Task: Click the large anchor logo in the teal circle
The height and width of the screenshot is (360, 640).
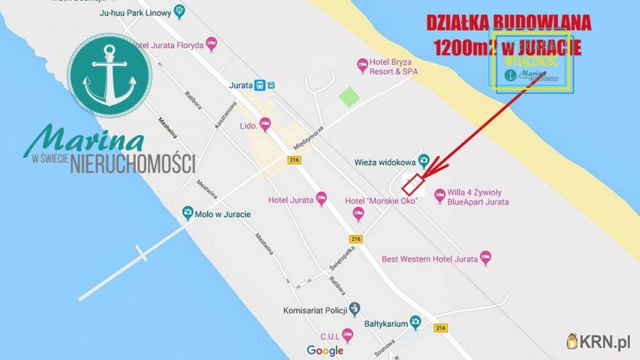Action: [110, 76]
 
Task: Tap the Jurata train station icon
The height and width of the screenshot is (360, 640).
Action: [259, 85]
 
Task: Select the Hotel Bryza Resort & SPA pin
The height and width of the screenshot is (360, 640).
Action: [362, 65]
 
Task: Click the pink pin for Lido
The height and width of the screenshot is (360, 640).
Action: [265, 125]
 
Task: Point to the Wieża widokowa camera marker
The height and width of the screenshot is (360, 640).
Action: [423, 160]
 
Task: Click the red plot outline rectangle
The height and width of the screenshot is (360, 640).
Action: [414, 183]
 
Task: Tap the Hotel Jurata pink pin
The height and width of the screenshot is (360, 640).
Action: [321, 199]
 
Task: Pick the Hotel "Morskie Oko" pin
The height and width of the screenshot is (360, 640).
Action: [358, 214]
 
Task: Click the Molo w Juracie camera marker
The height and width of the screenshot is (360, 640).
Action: [188, 214]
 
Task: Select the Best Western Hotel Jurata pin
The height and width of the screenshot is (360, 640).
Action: [486, 258]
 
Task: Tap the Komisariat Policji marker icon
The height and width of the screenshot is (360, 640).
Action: [356, 309]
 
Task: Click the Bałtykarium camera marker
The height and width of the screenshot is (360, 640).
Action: [417, 323]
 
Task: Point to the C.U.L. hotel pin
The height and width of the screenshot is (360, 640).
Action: [348, 334]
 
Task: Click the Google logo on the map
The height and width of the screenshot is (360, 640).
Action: [325, 350]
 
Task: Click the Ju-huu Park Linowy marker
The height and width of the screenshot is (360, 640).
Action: [179, 11]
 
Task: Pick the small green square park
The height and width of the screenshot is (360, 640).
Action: [349, 96]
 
